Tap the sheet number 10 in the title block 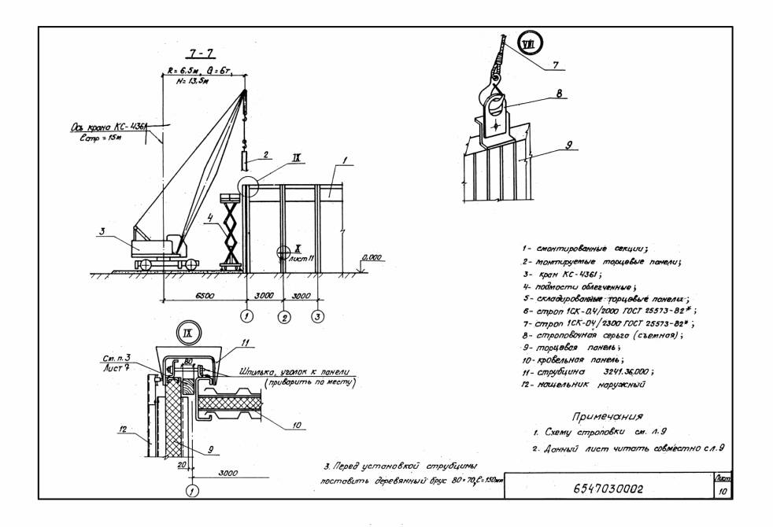click(722, 492)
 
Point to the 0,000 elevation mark click(369, 257)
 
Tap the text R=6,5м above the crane click(180, 72)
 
